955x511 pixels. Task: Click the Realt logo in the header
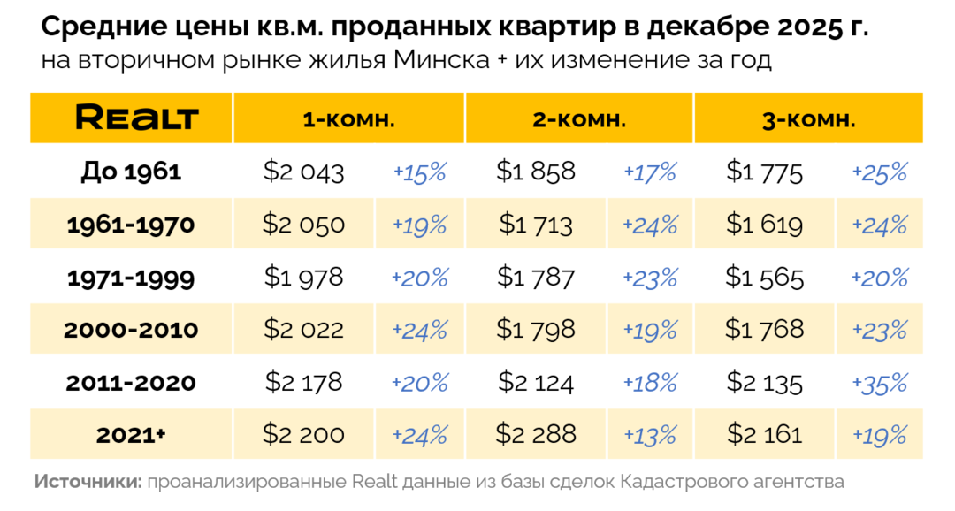coord(136,118)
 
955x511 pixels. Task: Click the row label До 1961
coord(131,172)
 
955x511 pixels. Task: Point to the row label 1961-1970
coord(131,225)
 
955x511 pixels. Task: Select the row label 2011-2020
coord(131,383)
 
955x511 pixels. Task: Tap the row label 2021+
coord(131,435)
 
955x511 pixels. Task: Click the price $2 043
coord(303,172)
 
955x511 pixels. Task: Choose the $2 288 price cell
coord(535,434)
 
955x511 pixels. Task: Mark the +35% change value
coord(880,383)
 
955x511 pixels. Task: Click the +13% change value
coord(650,435)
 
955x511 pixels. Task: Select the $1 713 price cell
coord(535,225)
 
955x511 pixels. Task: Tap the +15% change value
coord(419,172)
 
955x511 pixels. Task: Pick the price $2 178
coord(303,383)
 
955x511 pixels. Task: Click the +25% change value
coord(880,172)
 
